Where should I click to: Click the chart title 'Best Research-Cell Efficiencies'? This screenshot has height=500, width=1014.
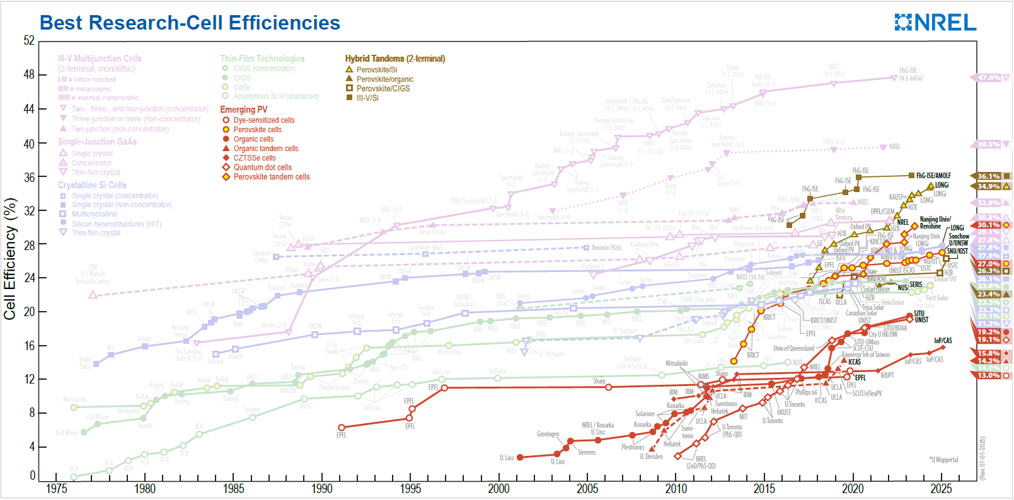click(x=190, y=23)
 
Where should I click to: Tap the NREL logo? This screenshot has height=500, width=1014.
click(x=935, y=23)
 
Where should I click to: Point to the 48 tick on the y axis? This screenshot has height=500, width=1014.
click(x=29, y=74)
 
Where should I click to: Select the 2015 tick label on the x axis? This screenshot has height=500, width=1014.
click(x=764, y=489)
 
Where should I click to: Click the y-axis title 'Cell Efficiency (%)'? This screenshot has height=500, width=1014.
click(x=9, y=259)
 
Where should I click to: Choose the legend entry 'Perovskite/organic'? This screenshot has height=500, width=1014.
click(x=384, y=79)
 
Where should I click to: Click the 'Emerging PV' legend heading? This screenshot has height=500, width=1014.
click(x=243, y=110)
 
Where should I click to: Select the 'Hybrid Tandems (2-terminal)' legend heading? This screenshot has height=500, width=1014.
click(x=395, y=59)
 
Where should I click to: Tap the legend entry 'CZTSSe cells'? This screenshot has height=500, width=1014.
click(x=254, y=158)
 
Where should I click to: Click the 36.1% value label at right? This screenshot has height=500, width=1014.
click(x=989, y=176)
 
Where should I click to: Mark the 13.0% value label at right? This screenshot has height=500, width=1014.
click(x=989, y=375)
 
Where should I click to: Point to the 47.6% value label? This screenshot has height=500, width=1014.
click(x=989, y=78)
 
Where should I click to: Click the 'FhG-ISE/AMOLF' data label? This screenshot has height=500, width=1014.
click(x=933, y=176)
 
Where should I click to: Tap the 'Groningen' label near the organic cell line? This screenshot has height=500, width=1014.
click(x=548, y=434)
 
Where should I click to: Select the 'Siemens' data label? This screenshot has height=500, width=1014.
click(x=586, y=452)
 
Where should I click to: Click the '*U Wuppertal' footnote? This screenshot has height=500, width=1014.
click(x=943, y=460)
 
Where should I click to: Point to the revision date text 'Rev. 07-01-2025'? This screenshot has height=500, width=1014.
click(x=982, y=458)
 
